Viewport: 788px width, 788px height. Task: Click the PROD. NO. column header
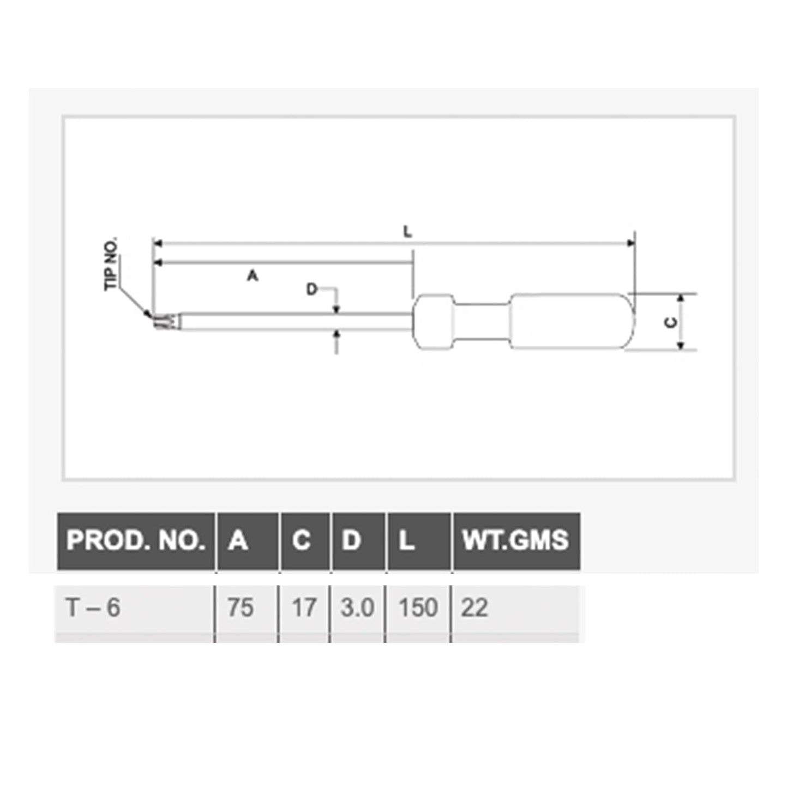(x=135, y=540)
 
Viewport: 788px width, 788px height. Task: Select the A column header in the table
(x=238, y=540)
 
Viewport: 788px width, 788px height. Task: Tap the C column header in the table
(x=301, y=540)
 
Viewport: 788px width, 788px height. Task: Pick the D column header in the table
(x=351, y=540)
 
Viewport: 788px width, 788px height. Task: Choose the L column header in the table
(x=406, y=540)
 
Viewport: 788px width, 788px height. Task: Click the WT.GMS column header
(x=515, y=540)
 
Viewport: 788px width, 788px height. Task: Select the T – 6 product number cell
(x=93, y=607)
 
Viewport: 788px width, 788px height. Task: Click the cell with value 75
(x=240, y=607)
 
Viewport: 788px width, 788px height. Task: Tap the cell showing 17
(x=304, y=607)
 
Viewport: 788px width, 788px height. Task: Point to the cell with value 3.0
(x=357, y=607)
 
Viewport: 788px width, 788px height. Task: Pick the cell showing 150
(x=418, y=607)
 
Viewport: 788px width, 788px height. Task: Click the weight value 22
(x=474, y=607)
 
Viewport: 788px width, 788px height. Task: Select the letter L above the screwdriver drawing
(x=407, y=232)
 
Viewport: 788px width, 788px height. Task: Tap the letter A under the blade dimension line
(x=252, y=276)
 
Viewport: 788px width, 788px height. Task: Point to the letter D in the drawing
(x=311, y=290)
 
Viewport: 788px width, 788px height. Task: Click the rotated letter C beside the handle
(x=671, y=322)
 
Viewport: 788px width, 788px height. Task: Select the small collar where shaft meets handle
(x=434, y=322)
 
